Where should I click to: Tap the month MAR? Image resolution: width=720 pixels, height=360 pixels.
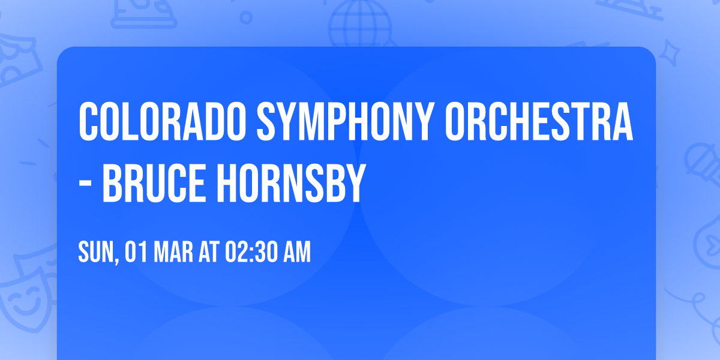pyautogui.click(x=173, y=253)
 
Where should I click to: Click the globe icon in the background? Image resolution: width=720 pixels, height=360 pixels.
pyautogui.click(x=359, y=21)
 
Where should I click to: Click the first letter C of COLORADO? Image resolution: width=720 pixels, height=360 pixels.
pyautogui.click(x=88, y=122)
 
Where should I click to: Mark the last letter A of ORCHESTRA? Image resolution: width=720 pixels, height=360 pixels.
pyautogui.click(x=623, y=122)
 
